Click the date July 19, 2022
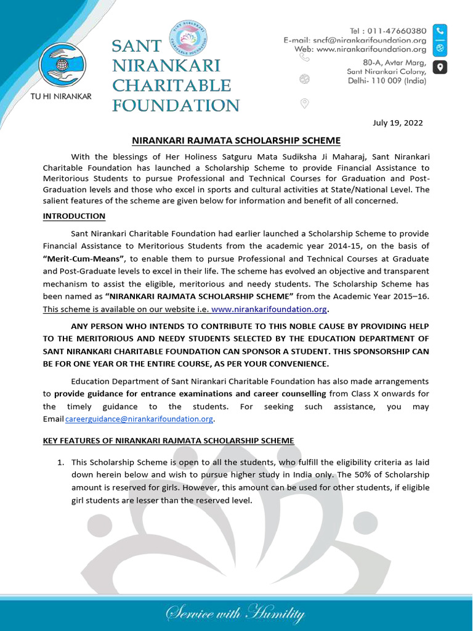pyautogui.click(x=398, y=123)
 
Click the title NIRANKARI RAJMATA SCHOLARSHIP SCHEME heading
pyautogui.click(x=236, y=140)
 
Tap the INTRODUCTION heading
pyautogui.click(x=74, y=216)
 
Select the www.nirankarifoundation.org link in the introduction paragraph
pyautogui.click(x=269, y=309)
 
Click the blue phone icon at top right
pyautogui.click(x=440, y=30)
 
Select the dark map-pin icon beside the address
pyautogui.click(x=440, y=67)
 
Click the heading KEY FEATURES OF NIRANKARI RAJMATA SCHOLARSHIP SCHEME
pyautogui.click(x=168, y=441)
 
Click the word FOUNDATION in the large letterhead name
pyautogui.click(x=175, y=105)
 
